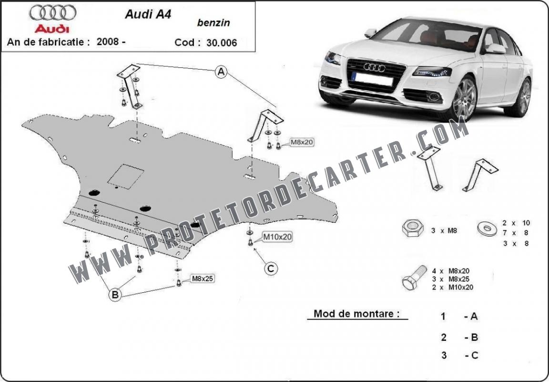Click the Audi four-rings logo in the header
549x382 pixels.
coord(53,12)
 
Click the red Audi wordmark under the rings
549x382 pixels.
coord(52,29)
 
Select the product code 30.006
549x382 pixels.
coord(222,43)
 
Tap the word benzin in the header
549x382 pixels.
coord(213,23)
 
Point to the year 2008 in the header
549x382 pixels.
coord(108,41)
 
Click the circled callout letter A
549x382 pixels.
coord(221,72)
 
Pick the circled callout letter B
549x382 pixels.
coord(115,295)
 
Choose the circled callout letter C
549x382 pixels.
coord(271,269)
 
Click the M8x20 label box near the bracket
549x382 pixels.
coord(302,142)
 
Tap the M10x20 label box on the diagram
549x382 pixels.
coord(277,237)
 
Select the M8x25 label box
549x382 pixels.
coord(203,279)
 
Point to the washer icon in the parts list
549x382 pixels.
coord(487,229)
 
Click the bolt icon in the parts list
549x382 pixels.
coord(414,278)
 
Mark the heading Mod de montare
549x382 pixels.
coord(356,313)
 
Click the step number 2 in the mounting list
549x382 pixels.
coord(444,337)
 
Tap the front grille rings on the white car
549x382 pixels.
coord(374,67)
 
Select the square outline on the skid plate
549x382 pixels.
coord(126,176)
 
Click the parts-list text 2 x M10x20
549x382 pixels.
coord(452,288)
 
